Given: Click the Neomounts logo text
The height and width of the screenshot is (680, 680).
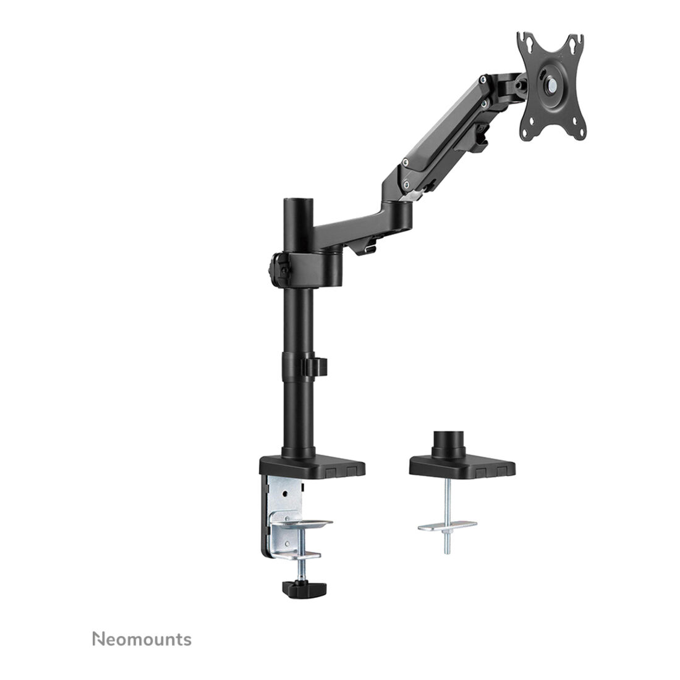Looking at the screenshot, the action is [x=142, y=640].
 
